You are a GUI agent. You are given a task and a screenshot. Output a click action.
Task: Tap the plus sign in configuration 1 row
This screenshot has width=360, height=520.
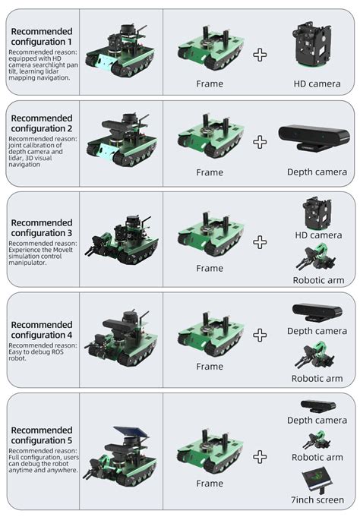(260, 55)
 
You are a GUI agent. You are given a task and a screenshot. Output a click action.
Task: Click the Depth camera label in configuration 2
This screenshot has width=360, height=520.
(317, 172)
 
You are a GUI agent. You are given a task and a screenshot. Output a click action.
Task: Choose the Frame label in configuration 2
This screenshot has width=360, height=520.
(210, 172)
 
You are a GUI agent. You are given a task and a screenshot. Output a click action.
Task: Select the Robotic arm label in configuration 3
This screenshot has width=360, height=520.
(317, 280)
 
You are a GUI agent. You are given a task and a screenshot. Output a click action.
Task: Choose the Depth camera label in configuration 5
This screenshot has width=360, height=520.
(317, 421)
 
